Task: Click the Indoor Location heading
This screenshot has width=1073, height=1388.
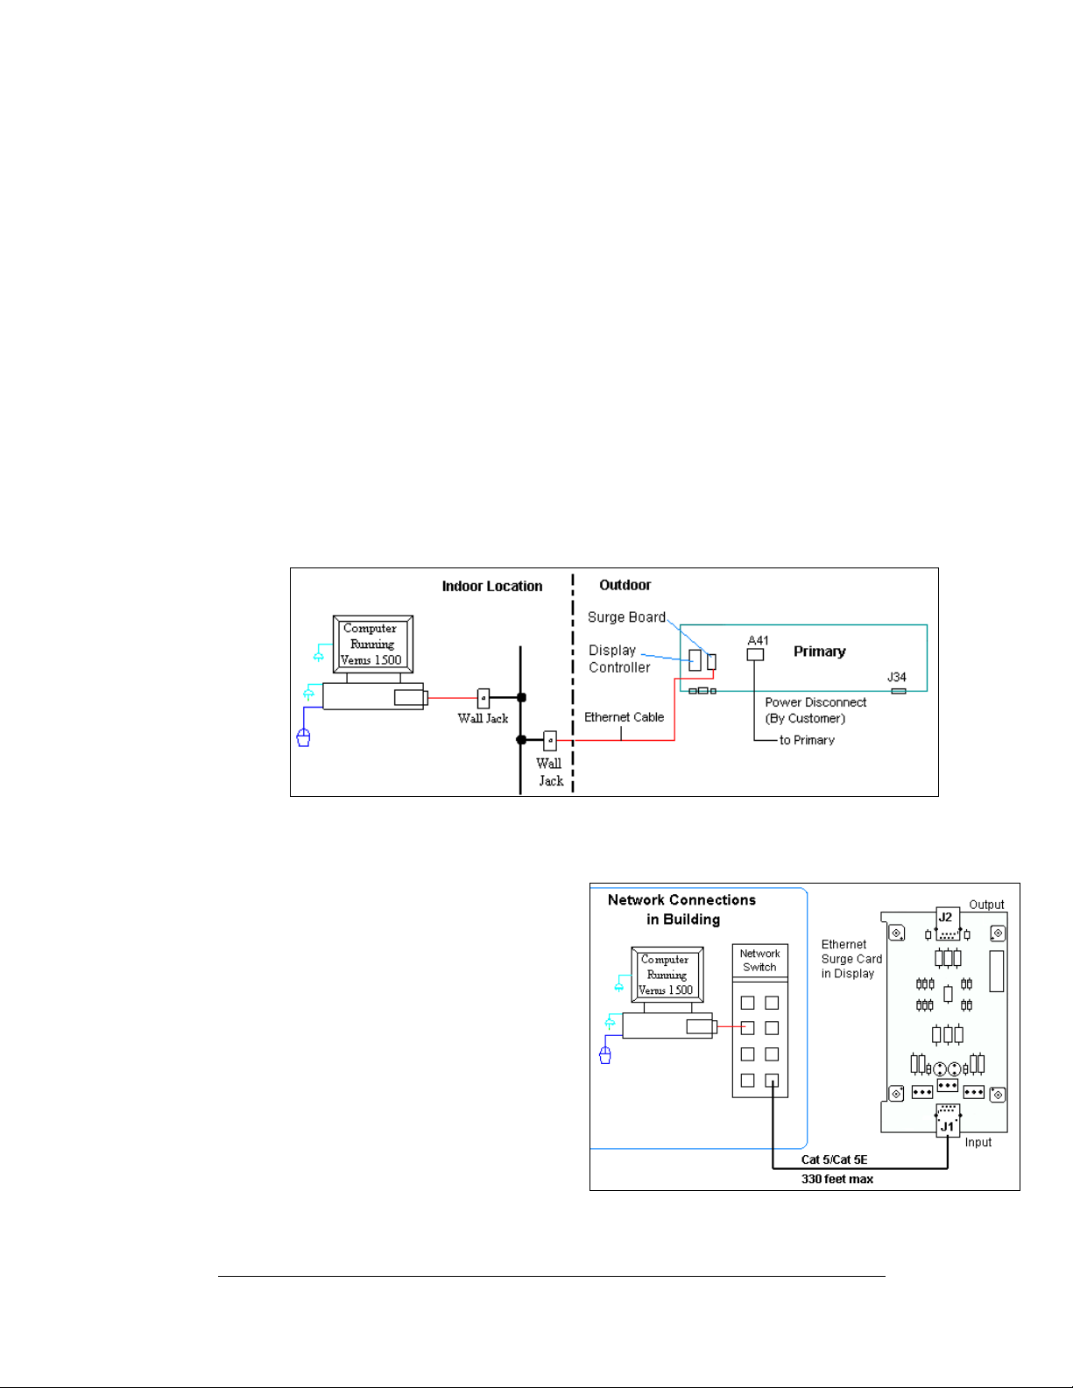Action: click(491, 586)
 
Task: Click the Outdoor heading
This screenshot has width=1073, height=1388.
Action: click(625, 585)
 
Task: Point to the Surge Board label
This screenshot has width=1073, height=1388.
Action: click(626, 617)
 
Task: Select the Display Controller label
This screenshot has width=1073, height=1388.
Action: click(619, 659)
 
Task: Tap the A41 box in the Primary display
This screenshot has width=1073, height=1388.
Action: click(755, 654)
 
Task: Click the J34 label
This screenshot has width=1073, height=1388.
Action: click(896, 677)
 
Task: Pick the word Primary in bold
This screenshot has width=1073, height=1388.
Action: click(819, 652)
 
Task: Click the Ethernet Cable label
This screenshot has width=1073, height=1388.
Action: click(624, 717)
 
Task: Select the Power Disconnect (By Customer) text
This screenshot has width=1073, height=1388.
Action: click(815, 710)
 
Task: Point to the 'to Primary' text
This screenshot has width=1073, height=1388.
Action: click(807, 740)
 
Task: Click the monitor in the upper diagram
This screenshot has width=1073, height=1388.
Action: click(372, 644)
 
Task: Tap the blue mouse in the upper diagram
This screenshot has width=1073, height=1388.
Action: click(303, 737)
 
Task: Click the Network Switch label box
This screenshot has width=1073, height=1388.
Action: click(759, 961)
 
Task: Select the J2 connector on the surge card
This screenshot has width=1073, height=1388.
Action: click(947, 924)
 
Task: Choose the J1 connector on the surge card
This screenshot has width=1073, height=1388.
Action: click(947, 1120)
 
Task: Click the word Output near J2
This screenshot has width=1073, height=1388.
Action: click(986, 905)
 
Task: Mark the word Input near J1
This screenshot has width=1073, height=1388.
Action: click(978, 1143)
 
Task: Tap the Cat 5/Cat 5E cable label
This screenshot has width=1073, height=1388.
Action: click(834, 1159)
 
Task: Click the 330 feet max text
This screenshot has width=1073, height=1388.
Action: click(837, 1180)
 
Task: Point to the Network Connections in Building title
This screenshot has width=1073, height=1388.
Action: click(681, 909)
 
